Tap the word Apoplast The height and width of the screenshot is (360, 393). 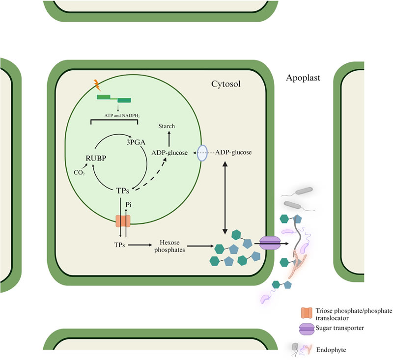[x=304, y=78]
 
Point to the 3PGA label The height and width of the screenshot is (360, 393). [x=137, y=139]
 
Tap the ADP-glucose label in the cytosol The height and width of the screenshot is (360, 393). [x=234, y=153]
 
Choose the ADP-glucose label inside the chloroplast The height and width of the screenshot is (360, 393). [x=170, y=153]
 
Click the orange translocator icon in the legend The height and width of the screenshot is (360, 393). [x=306, y=312]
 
